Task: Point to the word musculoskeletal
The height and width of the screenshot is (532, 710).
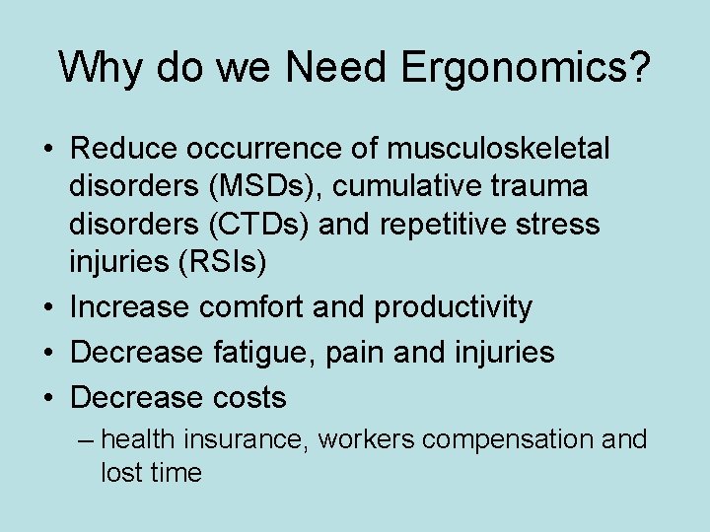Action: click(499, 149)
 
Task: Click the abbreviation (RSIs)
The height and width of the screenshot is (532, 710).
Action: click(230, 263)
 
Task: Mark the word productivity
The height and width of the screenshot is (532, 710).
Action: click(453, 307)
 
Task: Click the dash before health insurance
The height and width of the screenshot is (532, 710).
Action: click(87, 438)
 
